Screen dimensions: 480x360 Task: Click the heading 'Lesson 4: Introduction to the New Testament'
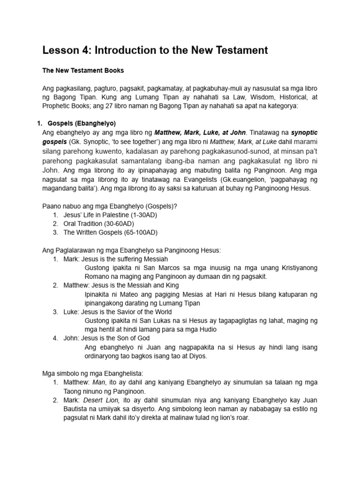pyautogui.click(x=155, y=50)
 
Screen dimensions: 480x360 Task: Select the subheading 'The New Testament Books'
pyautogui.click(x=83, y=70)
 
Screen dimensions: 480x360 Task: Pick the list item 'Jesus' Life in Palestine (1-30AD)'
pyautogui.click(x=110, y=215)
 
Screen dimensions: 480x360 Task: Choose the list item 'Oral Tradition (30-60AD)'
pyautogui.click(x=99, y=224)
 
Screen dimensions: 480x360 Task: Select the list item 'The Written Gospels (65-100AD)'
pyautogui.click(x=111, y=232)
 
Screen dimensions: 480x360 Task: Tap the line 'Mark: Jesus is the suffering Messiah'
pyautogui.click(x=116, y=259)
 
